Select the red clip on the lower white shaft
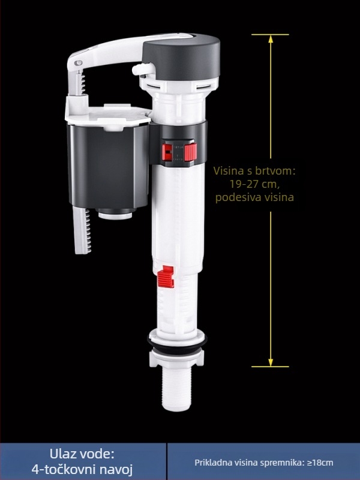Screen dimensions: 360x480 coord(166,277)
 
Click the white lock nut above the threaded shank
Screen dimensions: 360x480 coord(176,359)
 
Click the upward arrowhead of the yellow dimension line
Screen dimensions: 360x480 coord(271,39)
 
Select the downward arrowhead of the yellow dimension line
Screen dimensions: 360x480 coord(271,362)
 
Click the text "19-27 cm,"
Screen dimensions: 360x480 coord(255,184)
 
